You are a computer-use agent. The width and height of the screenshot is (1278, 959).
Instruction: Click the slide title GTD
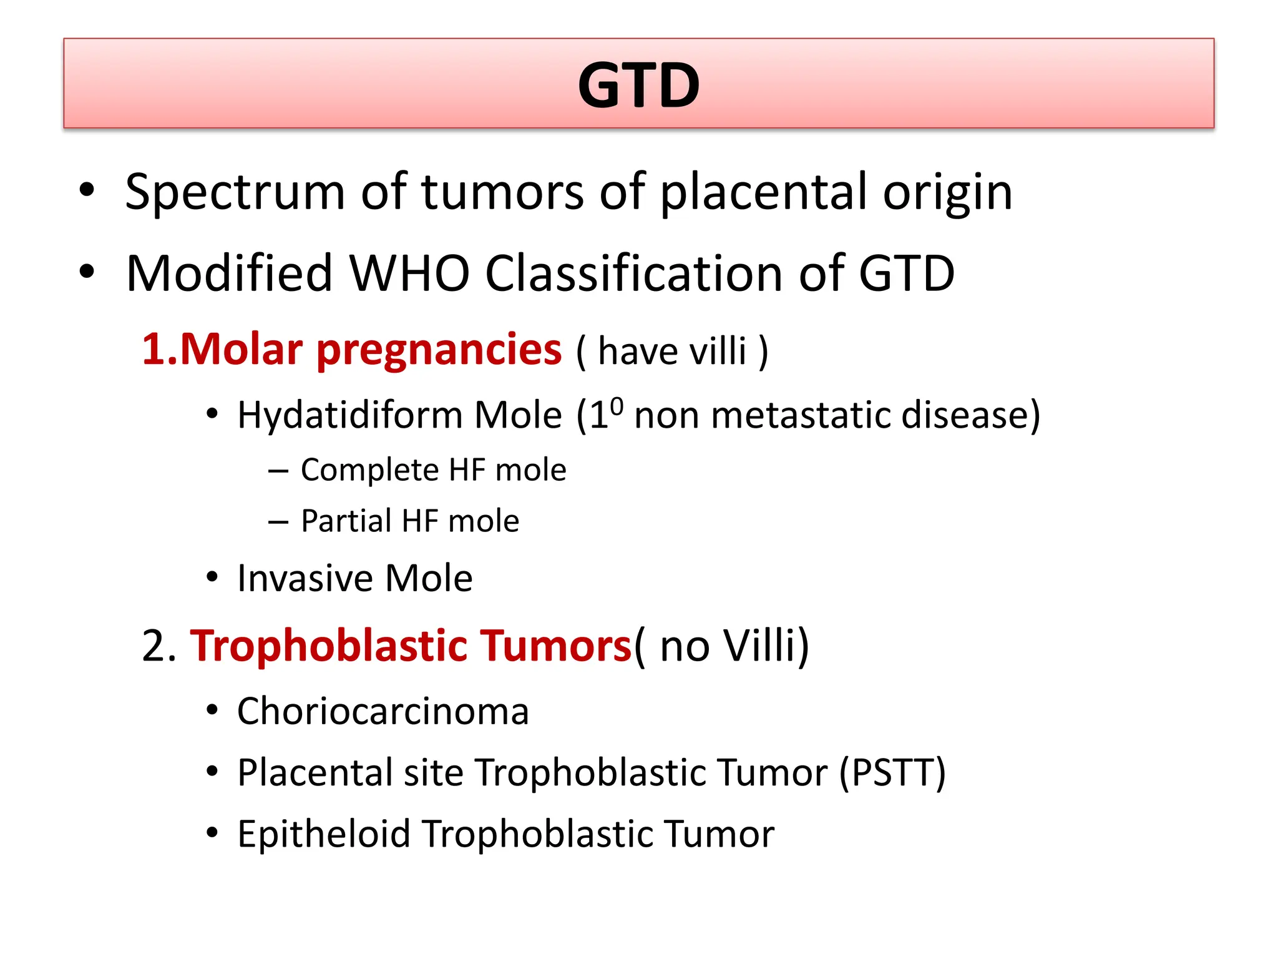(638, 86)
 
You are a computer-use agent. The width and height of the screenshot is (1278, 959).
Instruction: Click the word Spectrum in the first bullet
(235, 192)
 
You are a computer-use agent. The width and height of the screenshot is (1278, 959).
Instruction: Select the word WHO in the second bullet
(409, 273)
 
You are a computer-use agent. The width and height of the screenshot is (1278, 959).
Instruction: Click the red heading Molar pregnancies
(352, 349)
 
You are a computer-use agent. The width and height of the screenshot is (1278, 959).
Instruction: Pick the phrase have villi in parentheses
(672, 351)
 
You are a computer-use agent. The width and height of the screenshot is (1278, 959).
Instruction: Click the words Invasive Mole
(354, 578)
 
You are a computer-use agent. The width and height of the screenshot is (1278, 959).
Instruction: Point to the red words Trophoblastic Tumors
(411, 646)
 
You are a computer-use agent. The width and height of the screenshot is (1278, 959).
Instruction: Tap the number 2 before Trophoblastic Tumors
(154, 646)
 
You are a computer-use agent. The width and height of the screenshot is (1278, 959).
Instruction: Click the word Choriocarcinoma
(383, 711)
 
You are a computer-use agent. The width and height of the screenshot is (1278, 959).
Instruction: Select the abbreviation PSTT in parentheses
(892, 772)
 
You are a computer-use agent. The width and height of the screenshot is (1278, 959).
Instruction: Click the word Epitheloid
(323, 834)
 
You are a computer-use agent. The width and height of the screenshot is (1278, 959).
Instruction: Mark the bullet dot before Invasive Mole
(212, 578)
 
